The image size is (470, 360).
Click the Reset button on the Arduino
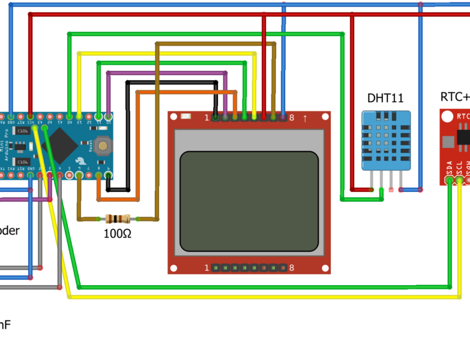point(103,145)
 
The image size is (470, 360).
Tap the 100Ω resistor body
point(117,220)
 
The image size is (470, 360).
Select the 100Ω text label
point(118,233)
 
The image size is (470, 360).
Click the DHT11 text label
point(385,98)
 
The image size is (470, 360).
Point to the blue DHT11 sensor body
point(386,140)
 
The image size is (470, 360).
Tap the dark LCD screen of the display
point(249,201)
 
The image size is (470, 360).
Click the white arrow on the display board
point(305,118)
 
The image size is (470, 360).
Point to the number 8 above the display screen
point(292,118)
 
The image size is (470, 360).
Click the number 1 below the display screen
point(206,268)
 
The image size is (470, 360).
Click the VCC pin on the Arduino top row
point(30,116)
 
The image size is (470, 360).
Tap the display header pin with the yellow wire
point(254,117)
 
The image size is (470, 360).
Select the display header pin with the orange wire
point(235,117)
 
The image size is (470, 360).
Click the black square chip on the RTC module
point(463,136)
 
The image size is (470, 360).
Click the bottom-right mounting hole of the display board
point(324,268)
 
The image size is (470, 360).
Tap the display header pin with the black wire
point(215,117)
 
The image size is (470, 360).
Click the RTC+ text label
point(455,97)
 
